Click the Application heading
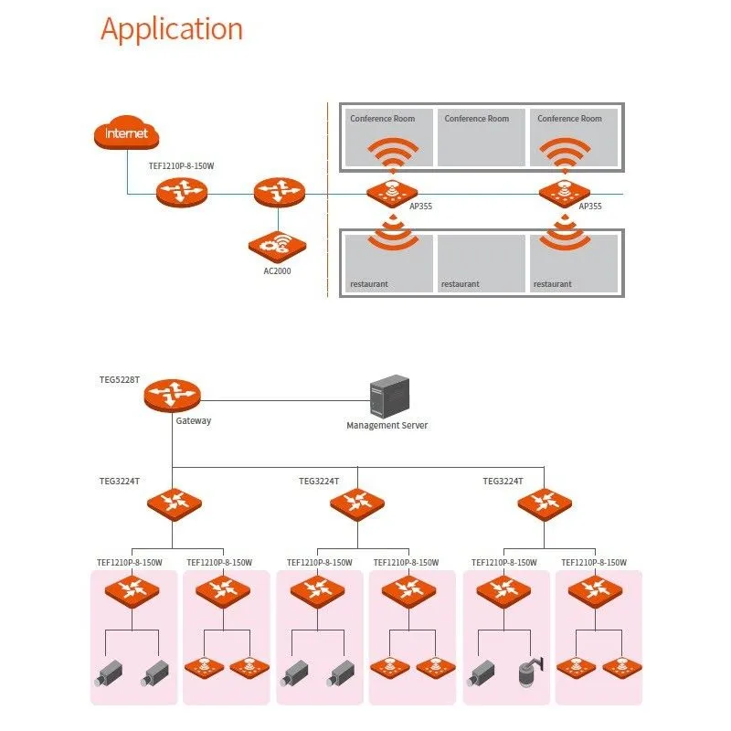pos(172,29)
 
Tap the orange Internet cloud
pos(126,134)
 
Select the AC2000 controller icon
pos(277,245)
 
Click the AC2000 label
pos(277,271)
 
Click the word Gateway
pos(193,420)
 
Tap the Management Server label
pos(387,425)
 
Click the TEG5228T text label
pos(119,378)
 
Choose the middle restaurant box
pos(482,264)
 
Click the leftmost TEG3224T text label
pos(119,481)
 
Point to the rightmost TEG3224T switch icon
pos(545,502)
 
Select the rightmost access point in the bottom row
pos(620,668)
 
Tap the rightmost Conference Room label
pos(569,119)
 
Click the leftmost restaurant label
pos(369,284)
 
